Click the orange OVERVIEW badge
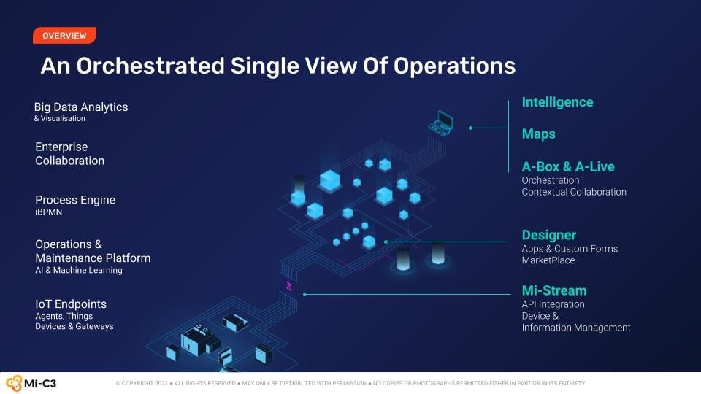64,36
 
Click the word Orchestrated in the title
150,66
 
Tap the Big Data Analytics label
81,107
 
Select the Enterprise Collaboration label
70,154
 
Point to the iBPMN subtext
49,212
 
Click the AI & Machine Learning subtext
79,270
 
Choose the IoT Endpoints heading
71,304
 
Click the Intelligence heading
557,102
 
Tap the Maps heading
539,134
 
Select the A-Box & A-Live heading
568,166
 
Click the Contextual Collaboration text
574,192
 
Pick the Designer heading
549,235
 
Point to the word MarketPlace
548,260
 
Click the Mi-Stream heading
554,290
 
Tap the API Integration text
553,304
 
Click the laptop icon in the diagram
441,123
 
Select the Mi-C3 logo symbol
14,383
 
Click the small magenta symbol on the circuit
289,286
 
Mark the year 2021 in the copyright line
161,383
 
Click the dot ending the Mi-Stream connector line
304,294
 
